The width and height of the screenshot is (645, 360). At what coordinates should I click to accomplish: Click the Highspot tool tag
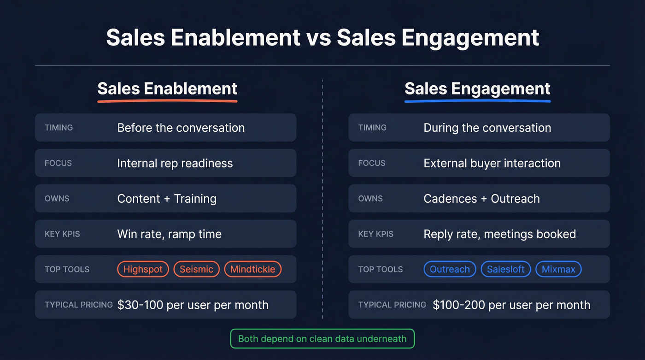(143, 269)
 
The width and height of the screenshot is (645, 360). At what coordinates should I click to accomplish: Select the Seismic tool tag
(196, 269)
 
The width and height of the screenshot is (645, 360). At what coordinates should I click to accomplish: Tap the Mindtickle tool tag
(252, 269)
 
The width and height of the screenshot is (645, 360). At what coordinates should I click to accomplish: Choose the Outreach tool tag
(450, 269)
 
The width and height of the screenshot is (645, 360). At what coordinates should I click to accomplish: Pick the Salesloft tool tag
(505, 269)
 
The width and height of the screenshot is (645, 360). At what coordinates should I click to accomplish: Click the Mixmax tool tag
(558, 269)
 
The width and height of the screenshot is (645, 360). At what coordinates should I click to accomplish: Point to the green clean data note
(322, 339)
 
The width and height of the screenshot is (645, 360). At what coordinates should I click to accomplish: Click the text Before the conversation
(181, 128)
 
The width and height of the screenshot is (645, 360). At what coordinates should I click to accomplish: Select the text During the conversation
(487, 128)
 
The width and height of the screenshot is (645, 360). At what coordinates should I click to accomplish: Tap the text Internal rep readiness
(175, 163)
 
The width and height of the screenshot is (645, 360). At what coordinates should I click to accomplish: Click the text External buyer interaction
(492, 163)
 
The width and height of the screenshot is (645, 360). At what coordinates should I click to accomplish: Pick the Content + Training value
(167, 199)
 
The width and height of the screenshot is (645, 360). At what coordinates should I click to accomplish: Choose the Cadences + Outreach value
(481, 199)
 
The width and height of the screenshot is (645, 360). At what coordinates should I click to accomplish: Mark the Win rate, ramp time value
(169, 234)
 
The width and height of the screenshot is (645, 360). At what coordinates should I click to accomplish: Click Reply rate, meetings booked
(499, 234)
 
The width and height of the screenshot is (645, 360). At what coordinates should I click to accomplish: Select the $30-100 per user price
(193, 305)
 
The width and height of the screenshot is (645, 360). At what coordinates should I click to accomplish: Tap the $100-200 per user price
(511, 305)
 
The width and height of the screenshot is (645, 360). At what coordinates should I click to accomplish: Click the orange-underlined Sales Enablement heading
(167, 89)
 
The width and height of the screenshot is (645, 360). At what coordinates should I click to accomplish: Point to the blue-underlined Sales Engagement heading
(477, 89)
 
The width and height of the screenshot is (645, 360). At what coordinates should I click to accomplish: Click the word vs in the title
(318, 38)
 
